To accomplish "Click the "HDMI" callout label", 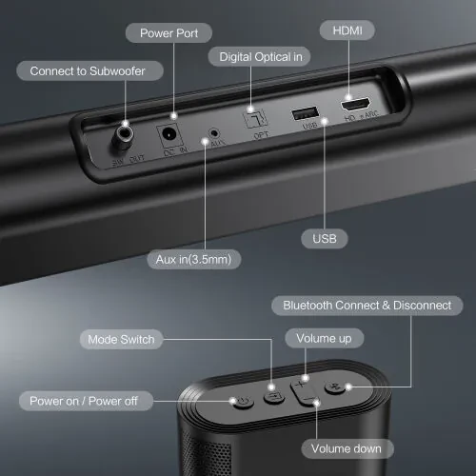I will coord(347,31).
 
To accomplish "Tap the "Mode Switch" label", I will coord(120,339).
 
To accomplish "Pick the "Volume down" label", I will coord(345,448).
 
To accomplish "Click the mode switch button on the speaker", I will coord(274,396).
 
